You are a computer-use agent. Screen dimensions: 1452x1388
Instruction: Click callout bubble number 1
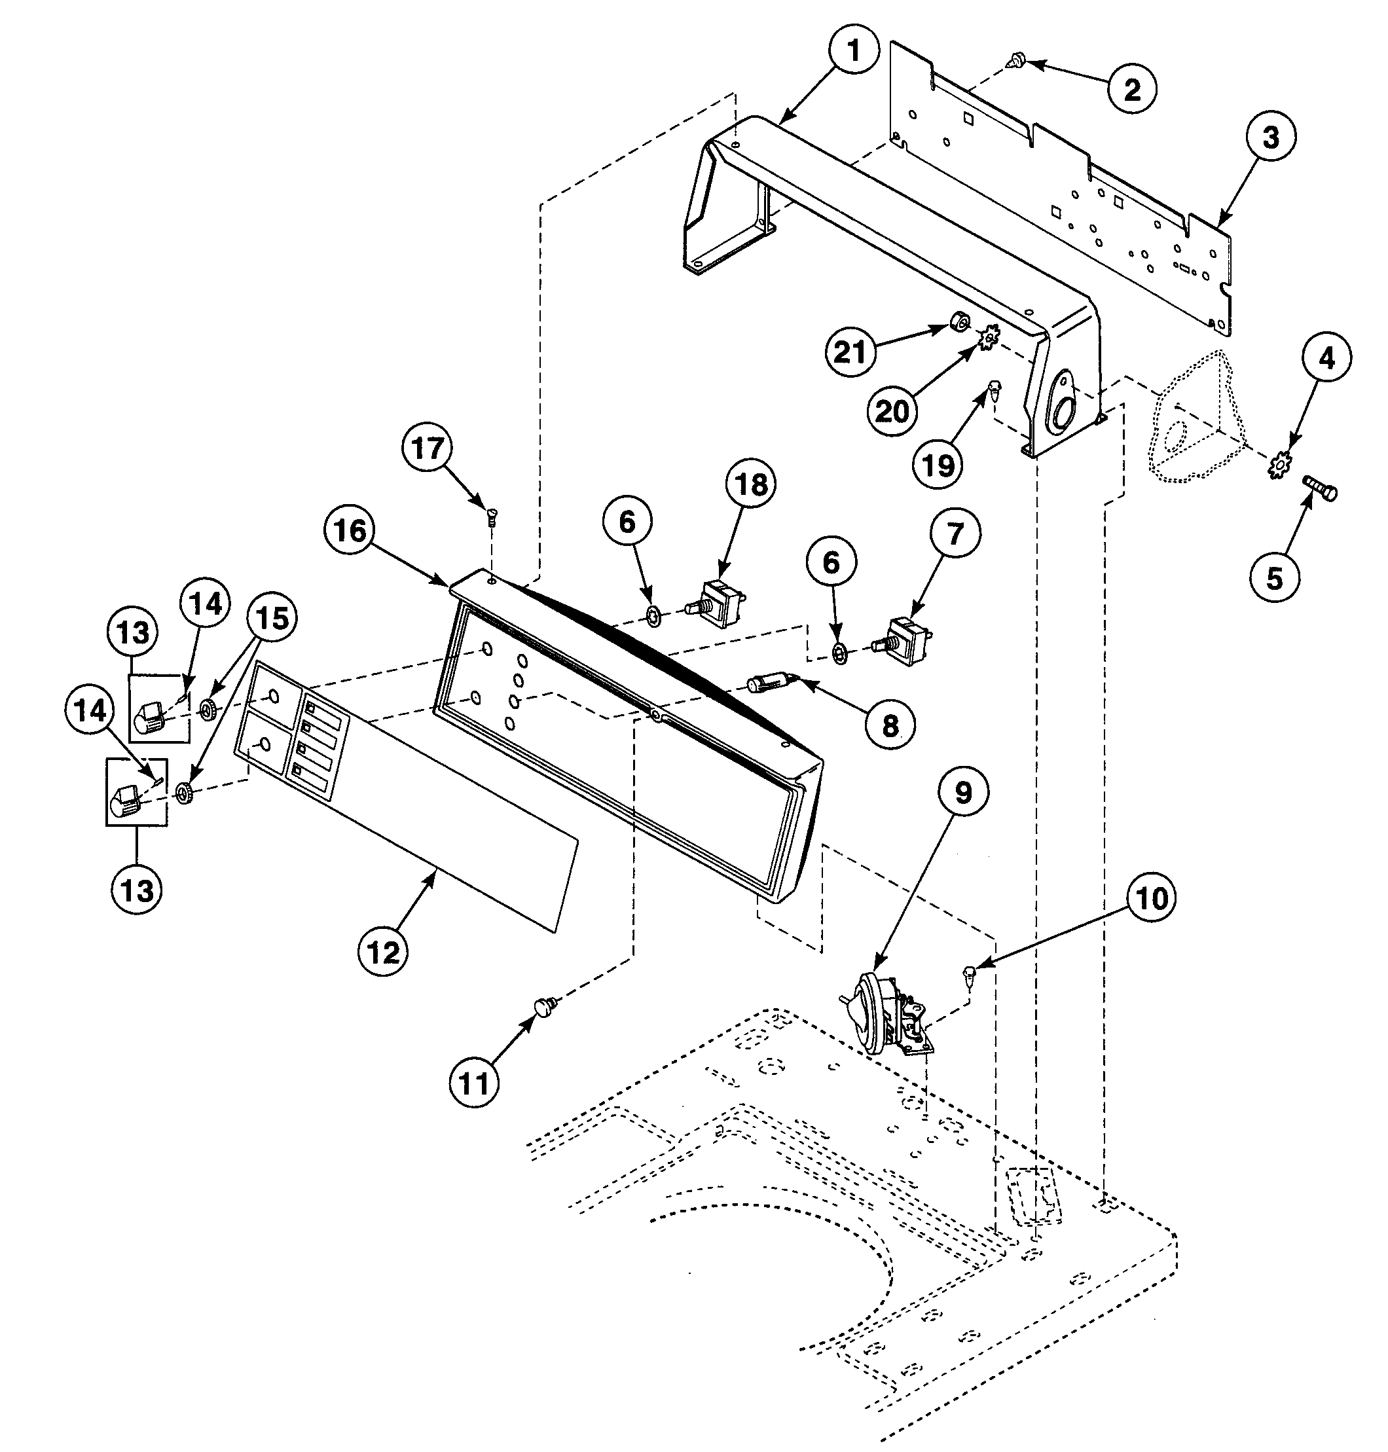(853, 51)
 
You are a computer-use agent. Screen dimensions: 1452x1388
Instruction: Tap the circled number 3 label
(1270, 138)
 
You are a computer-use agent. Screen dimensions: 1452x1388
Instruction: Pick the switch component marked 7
(907, 637)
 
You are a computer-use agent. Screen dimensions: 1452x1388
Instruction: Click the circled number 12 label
(382, 953)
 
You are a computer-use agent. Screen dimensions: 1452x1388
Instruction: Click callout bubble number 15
(272, 617)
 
